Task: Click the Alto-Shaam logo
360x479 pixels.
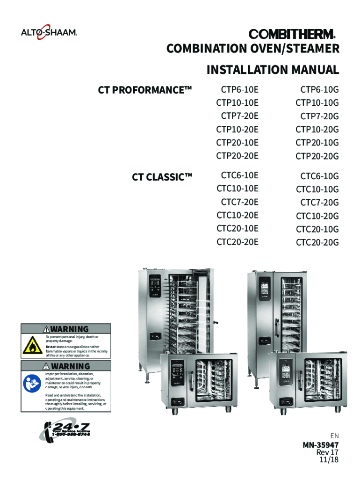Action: tap(49, 33)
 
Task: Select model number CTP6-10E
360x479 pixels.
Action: tap(239, 89)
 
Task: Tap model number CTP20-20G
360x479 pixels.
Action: tap(317, 156)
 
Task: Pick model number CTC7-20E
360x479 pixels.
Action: tap(239, 202)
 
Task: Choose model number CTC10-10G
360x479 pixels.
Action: tap(317, 189)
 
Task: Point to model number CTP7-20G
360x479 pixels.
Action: tap(319, 116)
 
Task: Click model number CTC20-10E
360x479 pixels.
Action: tap(237, 229)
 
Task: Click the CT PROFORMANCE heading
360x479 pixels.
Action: tap(145, 89)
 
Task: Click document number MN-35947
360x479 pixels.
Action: tap(320, 445)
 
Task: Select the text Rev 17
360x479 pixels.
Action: tap(327, 452)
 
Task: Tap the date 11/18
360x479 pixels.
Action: tap(328, 460)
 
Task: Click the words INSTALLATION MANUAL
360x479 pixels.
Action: tap(273, 70)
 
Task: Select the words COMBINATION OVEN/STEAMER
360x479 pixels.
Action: tap(253, 49)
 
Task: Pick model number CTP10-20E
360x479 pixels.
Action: tap(237, 129)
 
